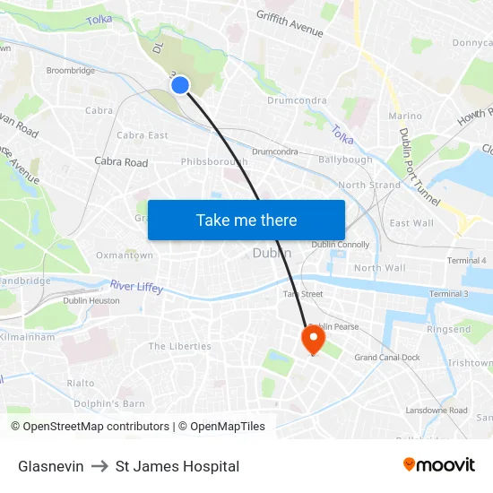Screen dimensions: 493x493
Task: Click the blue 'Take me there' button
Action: (x=246, y=220)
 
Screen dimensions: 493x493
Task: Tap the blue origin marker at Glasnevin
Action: (x=180, y=85)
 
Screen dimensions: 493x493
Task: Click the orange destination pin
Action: (x=313, y=338)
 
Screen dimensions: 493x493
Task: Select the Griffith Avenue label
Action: (x=289, y=24)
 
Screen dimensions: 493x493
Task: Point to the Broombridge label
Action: (x=70, y=71)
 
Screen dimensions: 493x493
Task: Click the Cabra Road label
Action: (x=121, y=162)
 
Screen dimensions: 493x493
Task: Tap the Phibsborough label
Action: (x=214, y=162)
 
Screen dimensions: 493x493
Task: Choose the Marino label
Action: (x=405, y=117)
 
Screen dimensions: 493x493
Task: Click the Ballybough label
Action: (x=345, y=160)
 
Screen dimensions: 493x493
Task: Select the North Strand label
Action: (x=369, y=186)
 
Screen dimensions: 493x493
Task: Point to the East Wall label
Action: (x=411, y=223)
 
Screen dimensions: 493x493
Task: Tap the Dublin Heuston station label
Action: (x=91, y=301)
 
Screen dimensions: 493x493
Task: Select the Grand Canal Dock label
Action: (x=387, y=358)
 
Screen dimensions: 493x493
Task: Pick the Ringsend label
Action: (x=448, y=329)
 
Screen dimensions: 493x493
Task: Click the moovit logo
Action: (x=438, y=465)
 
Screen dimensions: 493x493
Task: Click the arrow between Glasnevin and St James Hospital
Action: (x=99, y=466)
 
